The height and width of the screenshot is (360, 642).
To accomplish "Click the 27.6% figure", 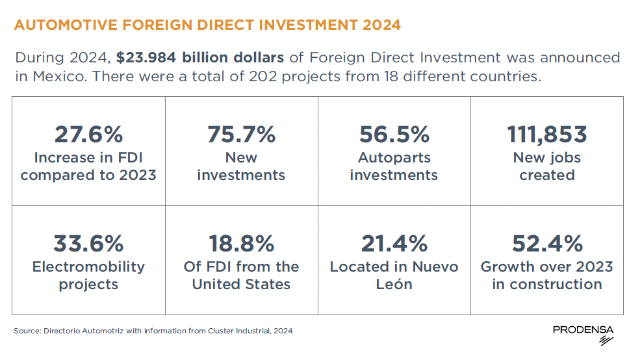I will click(x=88, y=135).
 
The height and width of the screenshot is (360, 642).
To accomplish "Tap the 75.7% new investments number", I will click(x=241, y=135).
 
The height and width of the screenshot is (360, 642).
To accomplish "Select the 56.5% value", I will click(x=394, y=135).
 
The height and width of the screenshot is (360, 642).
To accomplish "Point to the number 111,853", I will click(x=546, y=135).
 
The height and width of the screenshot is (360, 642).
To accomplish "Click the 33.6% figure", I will click(x=88, y=244).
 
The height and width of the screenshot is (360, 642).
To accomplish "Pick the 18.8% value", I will click(x=241, y=244).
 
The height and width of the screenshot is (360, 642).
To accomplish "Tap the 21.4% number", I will click(x=394, y=244).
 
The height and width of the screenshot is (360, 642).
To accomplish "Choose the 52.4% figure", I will click(x=546, y=244).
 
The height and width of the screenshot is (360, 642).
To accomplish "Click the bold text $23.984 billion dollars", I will click(x=200, y=57).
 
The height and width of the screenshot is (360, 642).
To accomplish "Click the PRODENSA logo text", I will click(x=583, y=330).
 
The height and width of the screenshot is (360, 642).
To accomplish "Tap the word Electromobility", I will click(x=88, y=266).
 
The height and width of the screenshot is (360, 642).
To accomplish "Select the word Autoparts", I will click(x=394, y=157).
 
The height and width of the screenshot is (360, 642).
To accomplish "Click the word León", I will click(x=394, y=284).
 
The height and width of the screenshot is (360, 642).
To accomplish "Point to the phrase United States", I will click(x=241, y=284).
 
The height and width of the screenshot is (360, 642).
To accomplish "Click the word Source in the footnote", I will click(x=26, y=331).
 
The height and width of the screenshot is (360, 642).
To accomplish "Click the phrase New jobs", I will click(x=546, y=157).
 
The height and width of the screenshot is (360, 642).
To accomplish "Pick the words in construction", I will click(x=546, y=284).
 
